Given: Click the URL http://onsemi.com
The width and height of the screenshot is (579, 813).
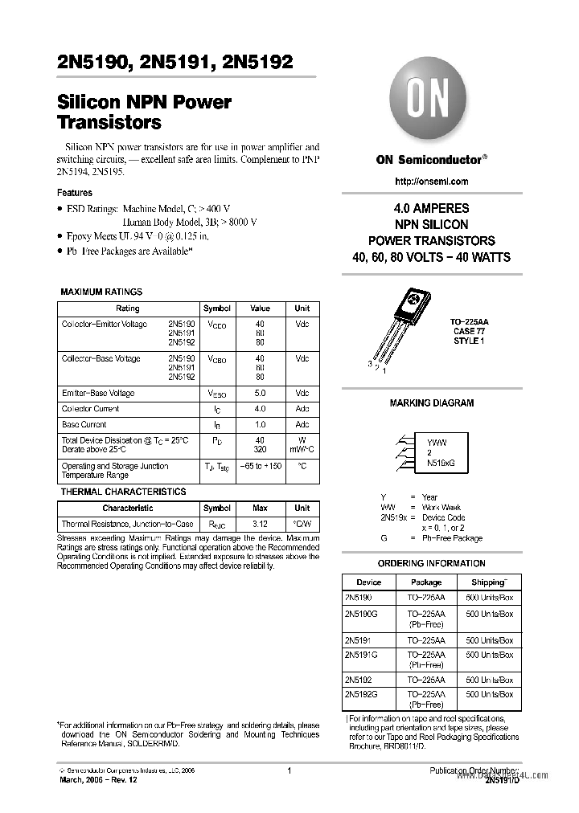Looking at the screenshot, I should (x=431, y=182).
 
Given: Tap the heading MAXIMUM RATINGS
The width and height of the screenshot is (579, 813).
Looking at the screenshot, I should (x=101, y=292).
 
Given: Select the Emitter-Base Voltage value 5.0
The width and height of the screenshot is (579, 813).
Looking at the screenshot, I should (x=260, y=394).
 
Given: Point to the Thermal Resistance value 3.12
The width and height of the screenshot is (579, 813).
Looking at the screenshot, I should (x=260, y=524).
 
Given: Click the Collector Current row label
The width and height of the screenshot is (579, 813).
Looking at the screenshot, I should (x=90, y=409).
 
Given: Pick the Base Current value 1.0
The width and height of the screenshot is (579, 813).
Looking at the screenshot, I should (x=260, y=424).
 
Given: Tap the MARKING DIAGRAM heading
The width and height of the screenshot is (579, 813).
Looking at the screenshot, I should (x=431, y=403).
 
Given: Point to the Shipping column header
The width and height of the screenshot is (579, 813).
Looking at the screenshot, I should (x=489, y=582).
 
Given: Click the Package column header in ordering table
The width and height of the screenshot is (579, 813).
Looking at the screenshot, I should (x=426, y=582).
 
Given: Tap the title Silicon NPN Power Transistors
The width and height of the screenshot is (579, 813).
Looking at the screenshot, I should (x=144, y=112).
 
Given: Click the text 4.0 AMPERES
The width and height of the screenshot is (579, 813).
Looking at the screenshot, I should (x=431, y=208).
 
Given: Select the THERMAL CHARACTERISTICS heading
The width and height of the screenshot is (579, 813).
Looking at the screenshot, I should (x=123, y=492).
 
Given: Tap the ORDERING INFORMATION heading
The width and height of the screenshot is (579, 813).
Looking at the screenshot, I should (x=431, y=563).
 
